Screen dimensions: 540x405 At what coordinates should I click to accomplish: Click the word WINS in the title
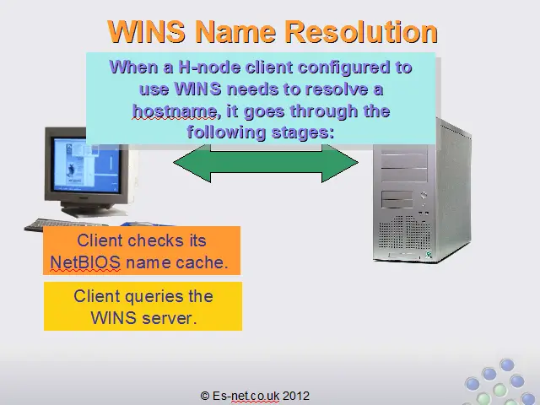pos(146,31)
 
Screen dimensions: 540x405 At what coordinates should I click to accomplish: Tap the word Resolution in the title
pos(362,31)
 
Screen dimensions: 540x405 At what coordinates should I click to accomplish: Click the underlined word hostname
pos(175,111)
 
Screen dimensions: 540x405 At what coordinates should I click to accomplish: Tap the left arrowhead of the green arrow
pos(192,163)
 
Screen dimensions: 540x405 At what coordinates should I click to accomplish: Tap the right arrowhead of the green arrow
pos(340,163)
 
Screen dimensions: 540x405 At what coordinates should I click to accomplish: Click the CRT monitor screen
pos(86,165)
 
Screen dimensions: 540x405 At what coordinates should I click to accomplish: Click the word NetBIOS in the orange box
pos(85,262)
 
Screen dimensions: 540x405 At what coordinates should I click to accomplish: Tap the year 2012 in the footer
pos(296,396)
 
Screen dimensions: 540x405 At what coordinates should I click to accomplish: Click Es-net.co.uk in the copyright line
pos(246,396)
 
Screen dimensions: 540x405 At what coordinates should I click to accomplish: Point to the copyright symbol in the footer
pos(204,396)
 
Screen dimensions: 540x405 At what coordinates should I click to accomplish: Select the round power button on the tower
pos(424,195)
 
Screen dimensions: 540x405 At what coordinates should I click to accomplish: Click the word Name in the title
pos(236,31)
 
